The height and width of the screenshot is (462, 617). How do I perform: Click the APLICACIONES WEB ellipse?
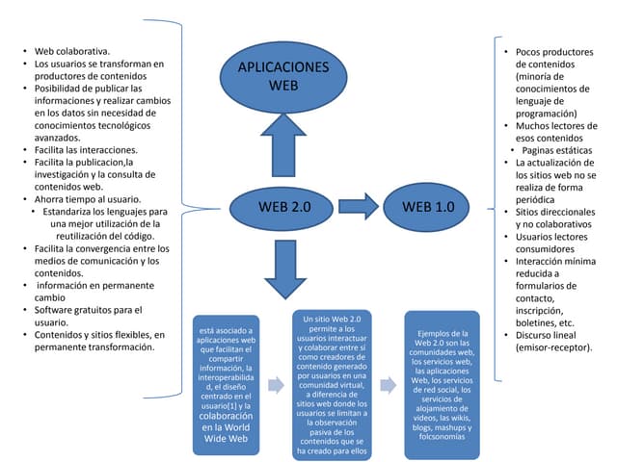point(283,77)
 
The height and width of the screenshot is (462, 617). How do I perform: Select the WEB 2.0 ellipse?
point(282,208)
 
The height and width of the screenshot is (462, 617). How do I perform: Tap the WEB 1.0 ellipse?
point(426,207)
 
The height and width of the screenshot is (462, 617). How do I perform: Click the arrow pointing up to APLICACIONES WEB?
point(283,145)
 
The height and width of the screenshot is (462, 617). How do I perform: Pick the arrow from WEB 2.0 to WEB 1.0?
point(359,206)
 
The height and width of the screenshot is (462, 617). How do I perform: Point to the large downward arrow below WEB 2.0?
point(285,269)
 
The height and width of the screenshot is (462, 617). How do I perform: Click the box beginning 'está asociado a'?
point(226,385)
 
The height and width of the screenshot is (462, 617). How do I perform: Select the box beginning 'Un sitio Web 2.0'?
point(332,385)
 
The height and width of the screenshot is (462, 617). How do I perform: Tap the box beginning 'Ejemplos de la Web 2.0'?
point(442,385)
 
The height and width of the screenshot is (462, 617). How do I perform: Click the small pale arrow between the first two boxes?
point(277,385)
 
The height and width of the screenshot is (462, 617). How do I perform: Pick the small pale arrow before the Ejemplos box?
point(389,385)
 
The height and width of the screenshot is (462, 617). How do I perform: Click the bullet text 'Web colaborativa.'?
point(72,51)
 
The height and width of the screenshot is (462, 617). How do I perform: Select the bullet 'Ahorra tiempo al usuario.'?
point(88,199)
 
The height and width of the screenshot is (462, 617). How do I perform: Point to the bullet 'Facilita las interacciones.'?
point(86,150)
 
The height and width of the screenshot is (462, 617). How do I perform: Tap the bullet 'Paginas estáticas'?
point(557,150)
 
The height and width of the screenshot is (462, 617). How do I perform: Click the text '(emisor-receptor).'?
point(553,347)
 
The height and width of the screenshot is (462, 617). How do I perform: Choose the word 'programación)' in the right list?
point(547,114)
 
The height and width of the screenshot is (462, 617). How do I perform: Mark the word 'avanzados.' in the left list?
point(58,138)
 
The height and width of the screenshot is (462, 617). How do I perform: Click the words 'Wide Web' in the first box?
point(226,439)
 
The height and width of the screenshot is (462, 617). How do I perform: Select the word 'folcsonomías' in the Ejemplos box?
point(442,436)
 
